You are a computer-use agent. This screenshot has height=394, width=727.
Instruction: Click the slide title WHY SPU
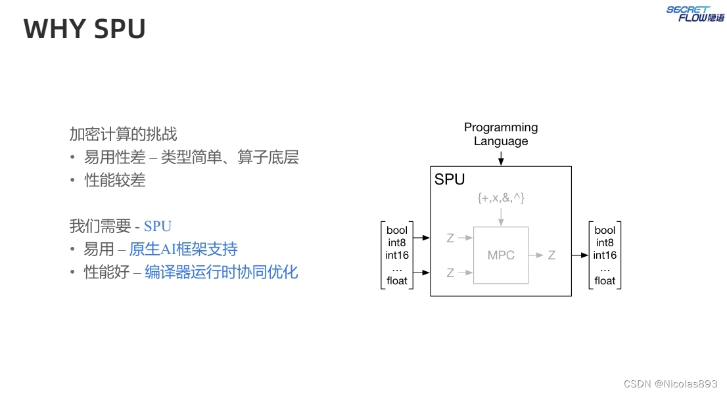click(x=84, y=30)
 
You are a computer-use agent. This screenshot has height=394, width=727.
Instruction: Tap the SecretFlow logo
click(x=696, y=13)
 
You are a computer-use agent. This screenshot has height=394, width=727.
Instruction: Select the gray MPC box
click(x=501, y=255)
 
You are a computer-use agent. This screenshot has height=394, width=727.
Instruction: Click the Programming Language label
click(x=501, y=134)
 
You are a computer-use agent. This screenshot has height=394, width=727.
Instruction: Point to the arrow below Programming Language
click(x=501, y=158)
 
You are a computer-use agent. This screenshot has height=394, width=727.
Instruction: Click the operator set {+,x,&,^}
click(x=501, y=198)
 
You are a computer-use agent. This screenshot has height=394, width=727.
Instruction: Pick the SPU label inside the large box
click(x=450, y=180)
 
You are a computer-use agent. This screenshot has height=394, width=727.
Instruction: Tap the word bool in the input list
click(x=397, y=230)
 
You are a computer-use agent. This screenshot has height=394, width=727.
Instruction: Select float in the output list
click(x=605, y=281)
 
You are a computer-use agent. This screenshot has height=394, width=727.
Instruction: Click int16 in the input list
click(x=397, y=255)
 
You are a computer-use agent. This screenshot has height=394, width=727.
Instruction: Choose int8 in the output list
click(x=605, y=243)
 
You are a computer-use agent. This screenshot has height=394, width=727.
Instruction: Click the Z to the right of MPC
click(x=551, y=255)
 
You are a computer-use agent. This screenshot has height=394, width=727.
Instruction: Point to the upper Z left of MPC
click(x=450, y=238)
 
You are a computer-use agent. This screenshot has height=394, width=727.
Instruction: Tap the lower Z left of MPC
click(x=450, y=273)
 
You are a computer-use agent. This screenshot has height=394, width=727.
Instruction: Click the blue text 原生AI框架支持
click(x=183, y=250)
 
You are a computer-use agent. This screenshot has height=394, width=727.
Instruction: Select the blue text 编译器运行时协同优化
click(x=221, y=272)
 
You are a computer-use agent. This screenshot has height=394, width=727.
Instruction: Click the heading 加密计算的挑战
click(x=123, y=135)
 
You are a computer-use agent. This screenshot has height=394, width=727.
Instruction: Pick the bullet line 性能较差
click(x=115, y=181)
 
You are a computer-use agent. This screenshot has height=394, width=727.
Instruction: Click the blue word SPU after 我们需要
click(x=158, y=227)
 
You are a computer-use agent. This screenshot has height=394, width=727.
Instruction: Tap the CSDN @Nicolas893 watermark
click(x=670, y=383)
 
